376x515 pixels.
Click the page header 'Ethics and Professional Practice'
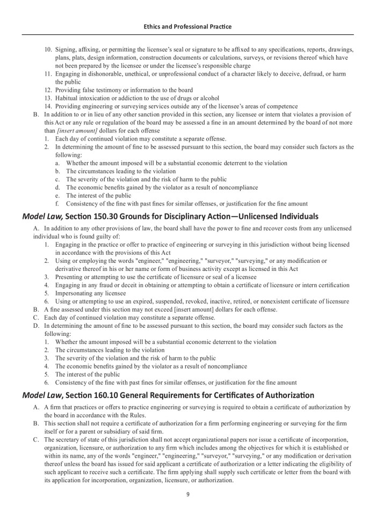[188, 25]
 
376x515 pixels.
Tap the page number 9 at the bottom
[188, 494]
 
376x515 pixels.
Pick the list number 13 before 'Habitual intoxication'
[48, 98]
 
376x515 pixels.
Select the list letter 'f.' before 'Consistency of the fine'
[57, 204]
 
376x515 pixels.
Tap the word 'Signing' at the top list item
[66, 49]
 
